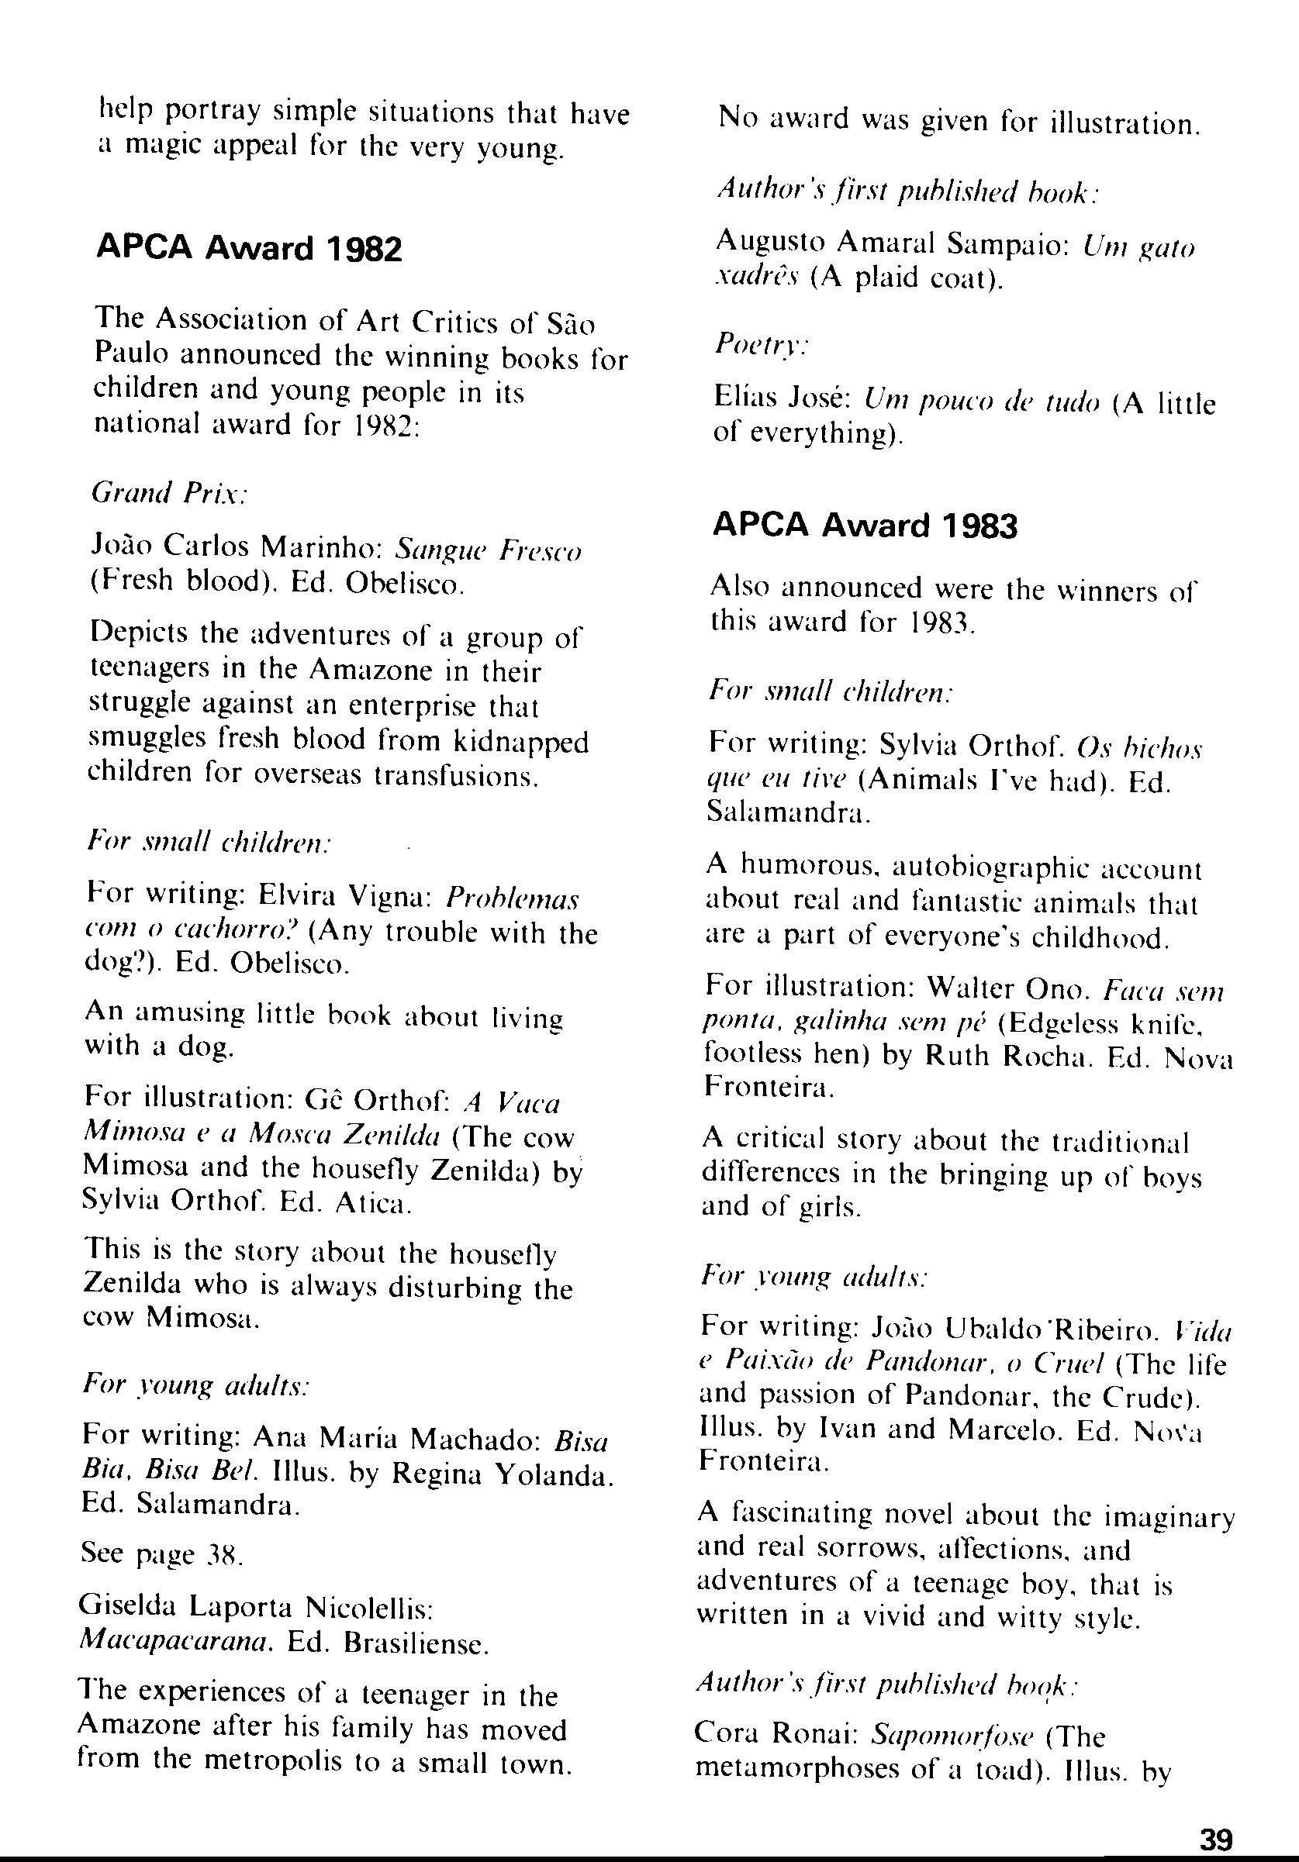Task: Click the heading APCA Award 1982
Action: pyautogui.click(x=249, y=247)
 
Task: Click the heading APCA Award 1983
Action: pyautogui.click(x=864, y=526)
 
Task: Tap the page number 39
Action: pyautogui.click(x=1215, y=1837)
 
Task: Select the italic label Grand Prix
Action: pyautogui.click(x=169, y=492)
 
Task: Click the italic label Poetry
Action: pyautogui.click(x=760, y=345)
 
